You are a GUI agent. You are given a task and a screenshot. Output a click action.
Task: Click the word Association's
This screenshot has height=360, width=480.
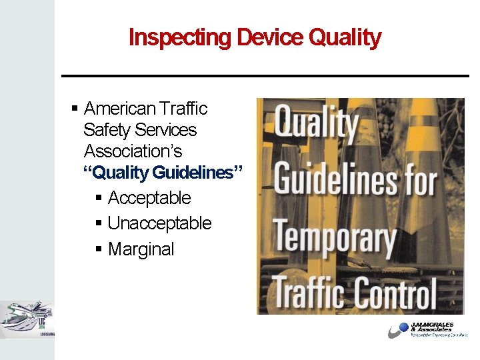(133, 151)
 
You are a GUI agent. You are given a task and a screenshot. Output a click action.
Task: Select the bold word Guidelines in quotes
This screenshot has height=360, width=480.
(193, 173)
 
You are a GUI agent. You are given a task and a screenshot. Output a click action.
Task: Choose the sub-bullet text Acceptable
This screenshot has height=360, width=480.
(149, 198)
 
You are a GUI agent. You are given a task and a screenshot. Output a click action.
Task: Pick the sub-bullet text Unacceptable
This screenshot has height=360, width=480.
(159, 223)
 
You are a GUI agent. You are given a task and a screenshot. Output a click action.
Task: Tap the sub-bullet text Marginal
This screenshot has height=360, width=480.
(141, 249)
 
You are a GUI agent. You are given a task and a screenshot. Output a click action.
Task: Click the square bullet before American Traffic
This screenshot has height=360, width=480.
(75, 109)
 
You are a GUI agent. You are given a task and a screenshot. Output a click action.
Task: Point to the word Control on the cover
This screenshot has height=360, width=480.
(394, 293)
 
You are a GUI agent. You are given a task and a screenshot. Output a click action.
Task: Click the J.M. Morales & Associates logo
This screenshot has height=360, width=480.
(427, 330)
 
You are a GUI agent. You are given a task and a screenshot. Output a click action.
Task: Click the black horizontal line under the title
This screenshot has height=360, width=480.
(265, 76)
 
